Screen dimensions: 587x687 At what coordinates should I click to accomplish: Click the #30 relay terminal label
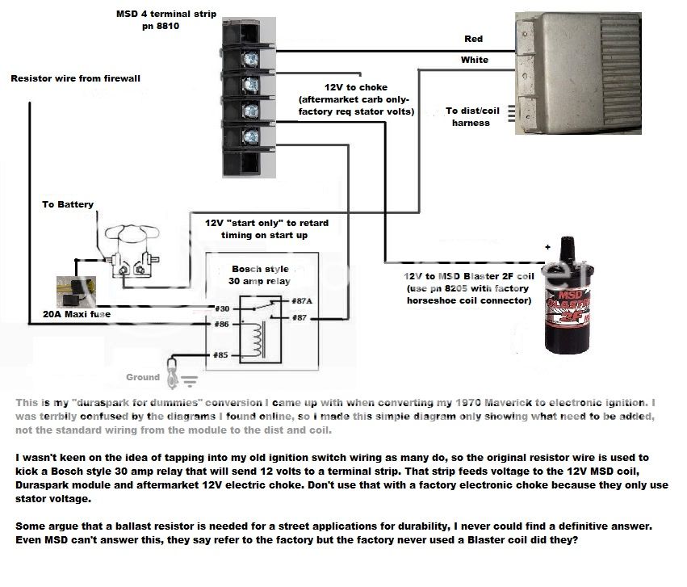click(x=224, y=308)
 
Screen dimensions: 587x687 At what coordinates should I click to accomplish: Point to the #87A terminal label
click(x=280, y=302)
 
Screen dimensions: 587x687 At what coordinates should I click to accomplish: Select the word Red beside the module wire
click(x=474, y=39)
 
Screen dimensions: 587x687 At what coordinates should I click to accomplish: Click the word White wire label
click(x=474, y=60)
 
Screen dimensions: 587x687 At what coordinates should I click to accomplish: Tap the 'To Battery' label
click(x=68, y=205)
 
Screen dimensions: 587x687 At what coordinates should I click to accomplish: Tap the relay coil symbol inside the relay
click(x=260, y=338)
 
